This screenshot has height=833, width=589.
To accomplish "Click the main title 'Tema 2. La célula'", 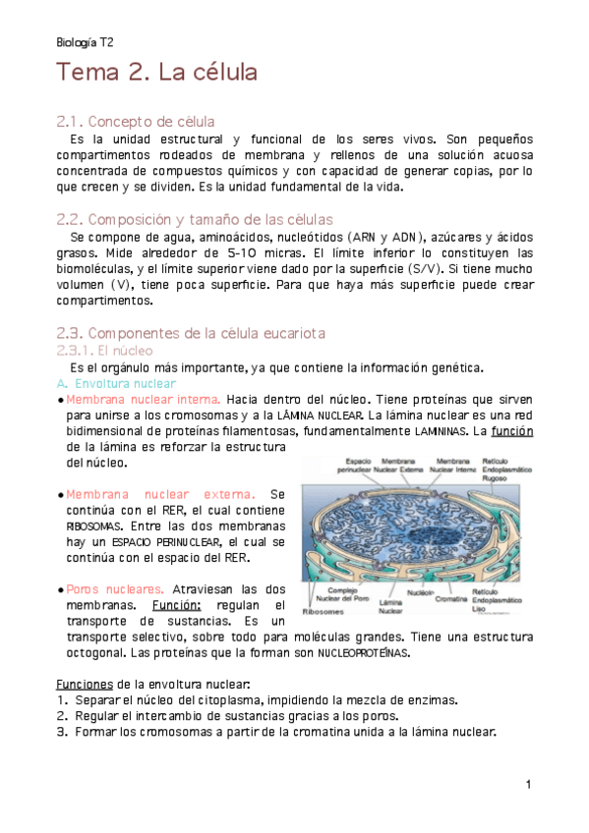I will (x=156, y=73).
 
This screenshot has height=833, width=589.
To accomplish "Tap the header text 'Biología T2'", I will (x=85, y=43).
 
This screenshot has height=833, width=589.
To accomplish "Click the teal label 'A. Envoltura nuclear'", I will (x=117, y=384).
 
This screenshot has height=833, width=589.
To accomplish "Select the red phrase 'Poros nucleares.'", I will (x=107, y=588).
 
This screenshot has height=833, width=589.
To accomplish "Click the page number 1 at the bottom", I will (x=528, y=784).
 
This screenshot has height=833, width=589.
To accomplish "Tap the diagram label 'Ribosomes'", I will (x=324, y=610).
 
